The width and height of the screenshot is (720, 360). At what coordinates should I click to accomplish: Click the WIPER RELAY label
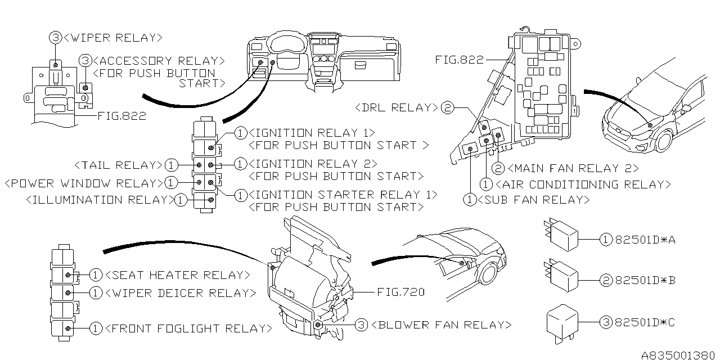coord(112,38)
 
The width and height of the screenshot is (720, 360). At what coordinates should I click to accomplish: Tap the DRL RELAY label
coord(397,107)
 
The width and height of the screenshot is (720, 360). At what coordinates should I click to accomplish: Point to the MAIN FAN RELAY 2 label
coord(572,168)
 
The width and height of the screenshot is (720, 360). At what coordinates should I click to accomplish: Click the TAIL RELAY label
coord(118,165)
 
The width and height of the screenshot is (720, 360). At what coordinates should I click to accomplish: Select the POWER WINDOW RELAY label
coord(83,183)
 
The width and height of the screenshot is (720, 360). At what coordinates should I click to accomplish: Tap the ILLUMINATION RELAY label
coord(100,200)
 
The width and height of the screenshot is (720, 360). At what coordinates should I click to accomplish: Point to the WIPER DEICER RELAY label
coord(180,293)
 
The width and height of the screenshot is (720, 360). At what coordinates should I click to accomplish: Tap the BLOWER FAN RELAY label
coord(442,325)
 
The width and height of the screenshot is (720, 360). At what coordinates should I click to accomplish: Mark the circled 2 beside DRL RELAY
coord(447,107)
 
